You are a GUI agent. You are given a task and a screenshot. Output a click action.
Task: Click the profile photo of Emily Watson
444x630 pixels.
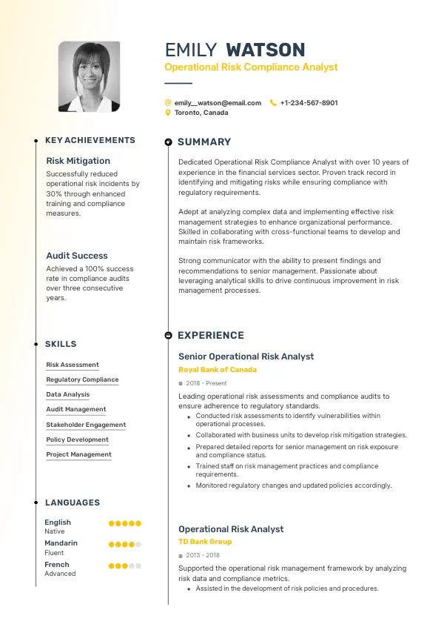click(89, 76)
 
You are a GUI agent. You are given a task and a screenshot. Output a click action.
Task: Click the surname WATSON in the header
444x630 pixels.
click(265, 50)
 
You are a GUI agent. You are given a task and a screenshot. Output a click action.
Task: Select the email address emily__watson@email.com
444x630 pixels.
click(218, 103)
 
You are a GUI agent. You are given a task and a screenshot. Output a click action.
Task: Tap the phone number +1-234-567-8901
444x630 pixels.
click(309, 103)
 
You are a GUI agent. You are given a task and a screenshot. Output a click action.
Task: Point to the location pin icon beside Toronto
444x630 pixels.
click(168, 113)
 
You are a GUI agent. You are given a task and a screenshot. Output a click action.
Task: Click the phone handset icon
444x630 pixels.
click(273, 103)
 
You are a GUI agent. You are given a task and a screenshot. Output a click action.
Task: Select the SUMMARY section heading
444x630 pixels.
click(204, 142)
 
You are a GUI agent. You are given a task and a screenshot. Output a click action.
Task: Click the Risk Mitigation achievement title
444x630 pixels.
click(78, 161)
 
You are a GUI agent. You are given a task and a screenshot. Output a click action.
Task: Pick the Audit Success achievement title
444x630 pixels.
click(77, 256)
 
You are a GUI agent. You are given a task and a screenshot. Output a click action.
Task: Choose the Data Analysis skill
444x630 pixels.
click(68, 395)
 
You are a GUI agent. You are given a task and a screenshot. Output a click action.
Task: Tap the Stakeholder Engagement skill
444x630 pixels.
click(86, 425)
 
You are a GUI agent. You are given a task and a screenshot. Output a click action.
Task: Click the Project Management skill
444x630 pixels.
click(78, 454)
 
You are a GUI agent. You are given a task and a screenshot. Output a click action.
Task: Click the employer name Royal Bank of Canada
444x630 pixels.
click(218, 370)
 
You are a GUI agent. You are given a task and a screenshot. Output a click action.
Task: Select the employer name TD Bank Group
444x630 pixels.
click(205, 542)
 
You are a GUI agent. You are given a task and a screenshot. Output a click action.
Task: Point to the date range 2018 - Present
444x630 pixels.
click(206, 383)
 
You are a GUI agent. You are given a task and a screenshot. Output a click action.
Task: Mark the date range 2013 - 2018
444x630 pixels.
click(203, 555)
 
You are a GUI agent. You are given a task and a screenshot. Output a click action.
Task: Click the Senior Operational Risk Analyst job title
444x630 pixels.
click(246, 357)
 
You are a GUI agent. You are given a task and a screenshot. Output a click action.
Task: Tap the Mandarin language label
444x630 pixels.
click(61, 543)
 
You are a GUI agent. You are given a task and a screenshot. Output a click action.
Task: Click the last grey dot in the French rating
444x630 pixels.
click(138, 566)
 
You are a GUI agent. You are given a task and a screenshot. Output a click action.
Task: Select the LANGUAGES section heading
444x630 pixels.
click(73, 503)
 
